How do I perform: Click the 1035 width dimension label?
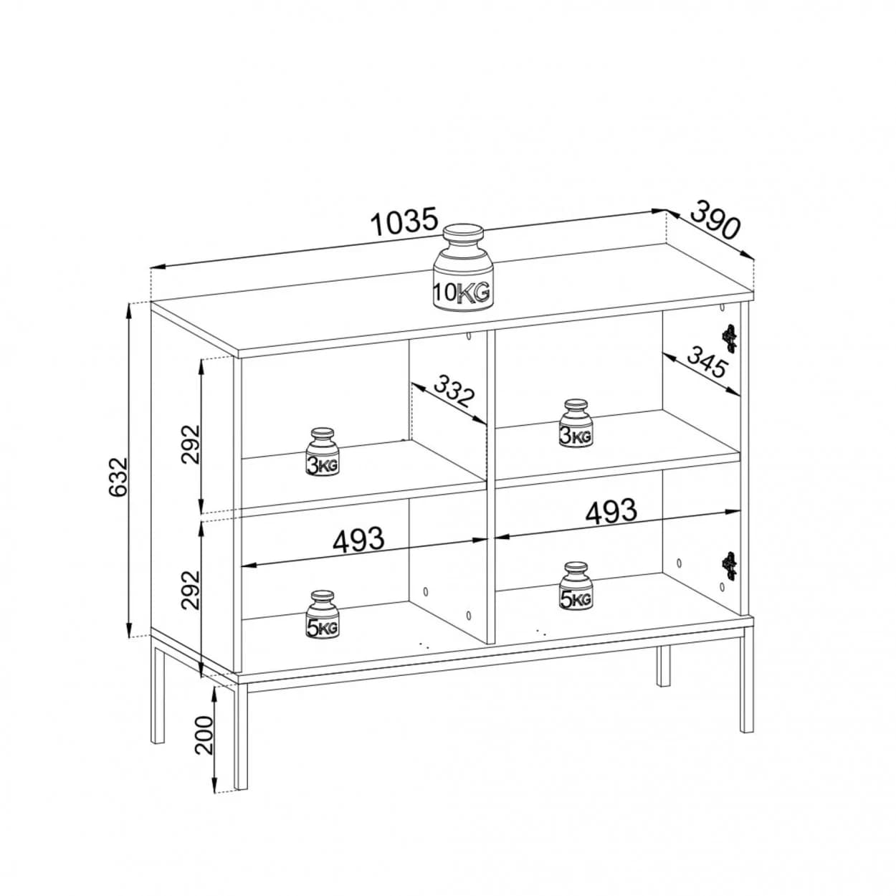click(405, 222)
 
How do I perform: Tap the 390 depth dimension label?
click(715, 219)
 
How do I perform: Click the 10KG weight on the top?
click(462, 266)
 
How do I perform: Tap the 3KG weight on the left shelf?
click(323, 452)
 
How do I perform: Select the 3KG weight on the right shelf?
click(576, 423)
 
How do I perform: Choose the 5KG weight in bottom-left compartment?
click(323, 614)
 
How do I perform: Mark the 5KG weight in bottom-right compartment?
click(576, 586)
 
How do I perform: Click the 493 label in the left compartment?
click(358, 539)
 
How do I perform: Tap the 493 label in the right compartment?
click(611, 512)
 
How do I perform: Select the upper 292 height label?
click(191, 444)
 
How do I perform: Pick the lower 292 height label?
click(191, 590)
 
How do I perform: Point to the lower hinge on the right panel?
click(729, 566)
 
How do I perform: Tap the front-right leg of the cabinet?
click(746, 680)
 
